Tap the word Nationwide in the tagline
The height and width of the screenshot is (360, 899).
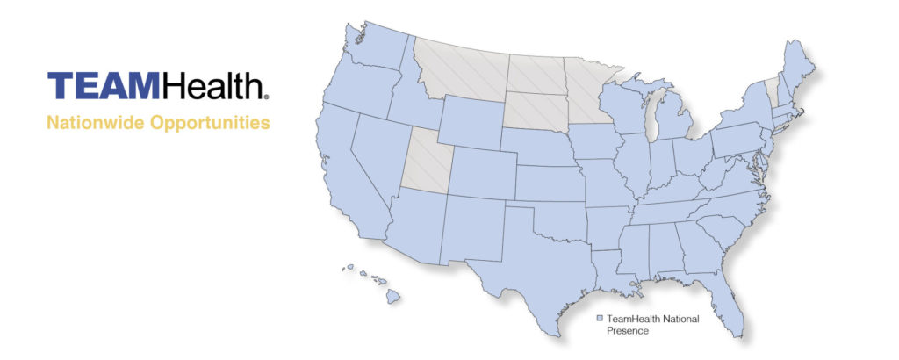[96, 122]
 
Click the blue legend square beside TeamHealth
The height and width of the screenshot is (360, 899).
[600, 319]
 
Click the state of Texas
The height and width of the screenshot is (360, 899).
[527, 263]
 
